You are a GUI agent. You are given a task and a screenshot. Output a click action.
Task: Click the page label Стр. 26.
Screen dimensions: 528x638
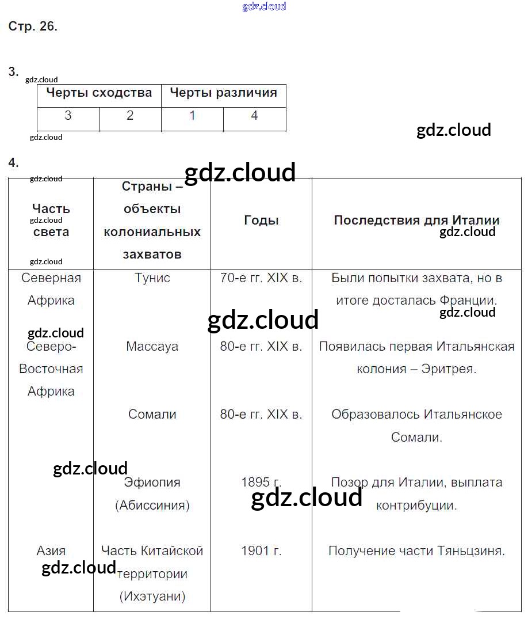pyautogui.click(x=33, y=26)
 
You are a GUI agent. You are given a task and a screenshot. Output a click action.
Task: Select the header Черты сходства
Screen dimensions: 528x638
pyautogui.click(x=99, y=93)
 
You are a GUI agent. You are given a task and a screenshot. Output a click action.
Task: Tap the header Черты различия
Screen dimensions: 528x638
pyautogui.click(x=224, y=92)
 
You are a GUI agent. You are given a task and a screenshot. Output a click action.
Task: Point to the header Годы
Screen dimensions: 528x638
pyautogui.click(x=261, y=220)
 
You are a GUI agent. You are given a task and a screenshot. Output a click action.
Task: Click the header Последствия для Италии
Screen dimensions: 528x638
pyautogui.click(x=416, y=220)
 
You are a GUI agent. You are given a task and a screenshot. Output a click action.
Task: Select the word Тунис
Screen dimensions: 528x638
pyautogui.click(x=152, y=278)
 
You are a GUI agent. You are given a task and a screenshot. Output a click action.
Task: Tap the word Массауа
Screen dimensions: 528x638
pyautogui.click(x=152, y=346)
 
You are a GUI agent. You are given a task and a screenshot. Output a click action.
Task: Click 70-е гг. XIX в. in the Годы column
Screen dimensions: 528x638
pyautogui.click(x=261, y=278)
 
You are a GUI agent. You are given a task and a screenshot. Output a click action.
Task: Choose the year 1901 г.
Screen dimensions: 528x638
pyautogui.click(x=261, y=550)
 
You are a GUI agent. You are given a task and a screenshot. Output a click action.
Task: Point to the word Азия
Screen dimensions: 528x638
pyautogui.click(x=51, y=550)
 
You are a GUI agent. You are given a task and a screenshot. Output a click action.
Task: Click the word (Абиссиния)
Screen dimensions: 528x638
pyautogui.click(x=152, y=506)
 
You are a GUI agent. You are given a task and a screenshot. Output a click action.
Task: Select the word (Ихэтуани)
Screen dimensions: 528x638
pyautogui.click(x=152, y=596)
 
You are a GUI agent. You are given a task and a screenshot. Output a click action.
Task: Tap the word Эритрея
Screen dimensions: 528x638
pyautogui.click(x=449, y=369)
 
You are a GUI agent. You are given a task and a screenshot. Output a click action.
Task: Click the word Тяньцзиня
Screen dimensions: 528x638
pyautogui.click(x=471, y=551)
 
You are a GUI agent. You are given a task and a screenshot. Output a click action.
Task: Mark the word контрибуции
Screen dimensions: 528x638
pyautogui.click(x=416, y=506)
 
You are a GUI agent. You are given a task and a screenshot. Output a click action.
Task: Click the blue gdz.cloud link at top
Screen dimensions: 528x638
pyautogui.click(x=264, y=6)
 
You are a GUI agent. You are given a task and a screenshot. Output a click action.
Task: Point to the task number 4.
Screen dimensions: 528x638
pyautogui.click(x=13, y=163)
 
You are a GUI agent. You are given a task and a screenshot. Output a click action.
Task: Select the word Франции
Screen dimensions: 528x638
pyautogui.click(x=469, y=301)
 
